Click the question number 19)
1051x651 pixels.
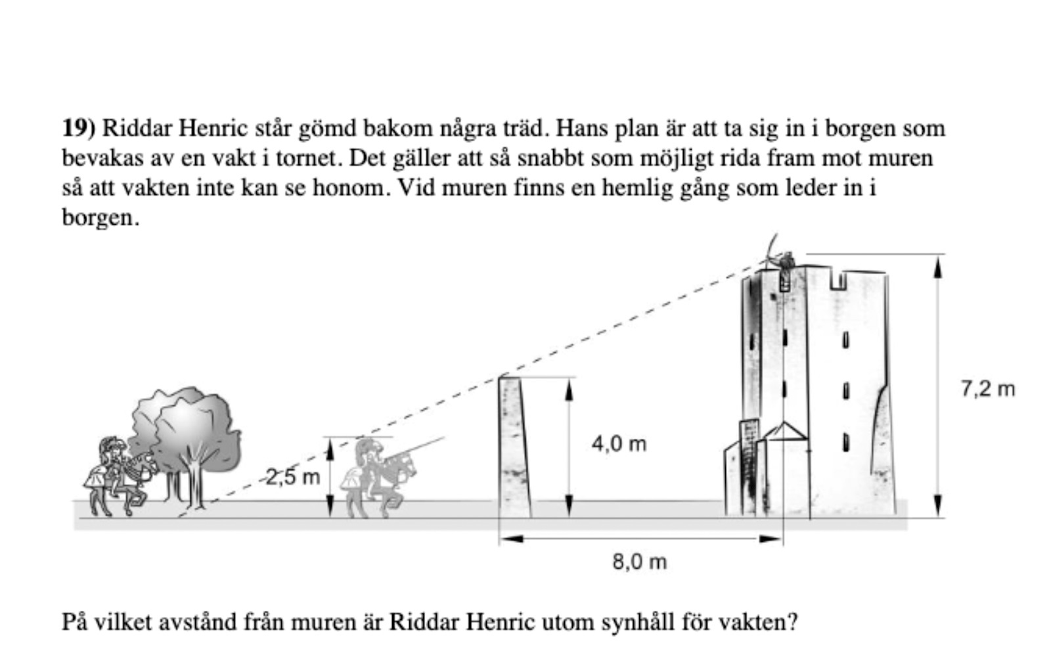point(79,127)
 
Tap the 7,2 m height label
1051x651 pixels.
point(987,389)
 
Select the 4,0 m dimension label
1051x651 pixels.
point(619,444)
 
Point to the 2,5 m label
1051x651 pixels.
point(293,477)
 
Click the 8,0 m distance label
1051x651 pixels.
point(639,562)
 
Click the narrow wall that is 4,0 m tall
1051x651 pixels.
point(514,447)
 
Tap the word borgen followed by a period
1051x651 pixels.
point(100,217)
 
